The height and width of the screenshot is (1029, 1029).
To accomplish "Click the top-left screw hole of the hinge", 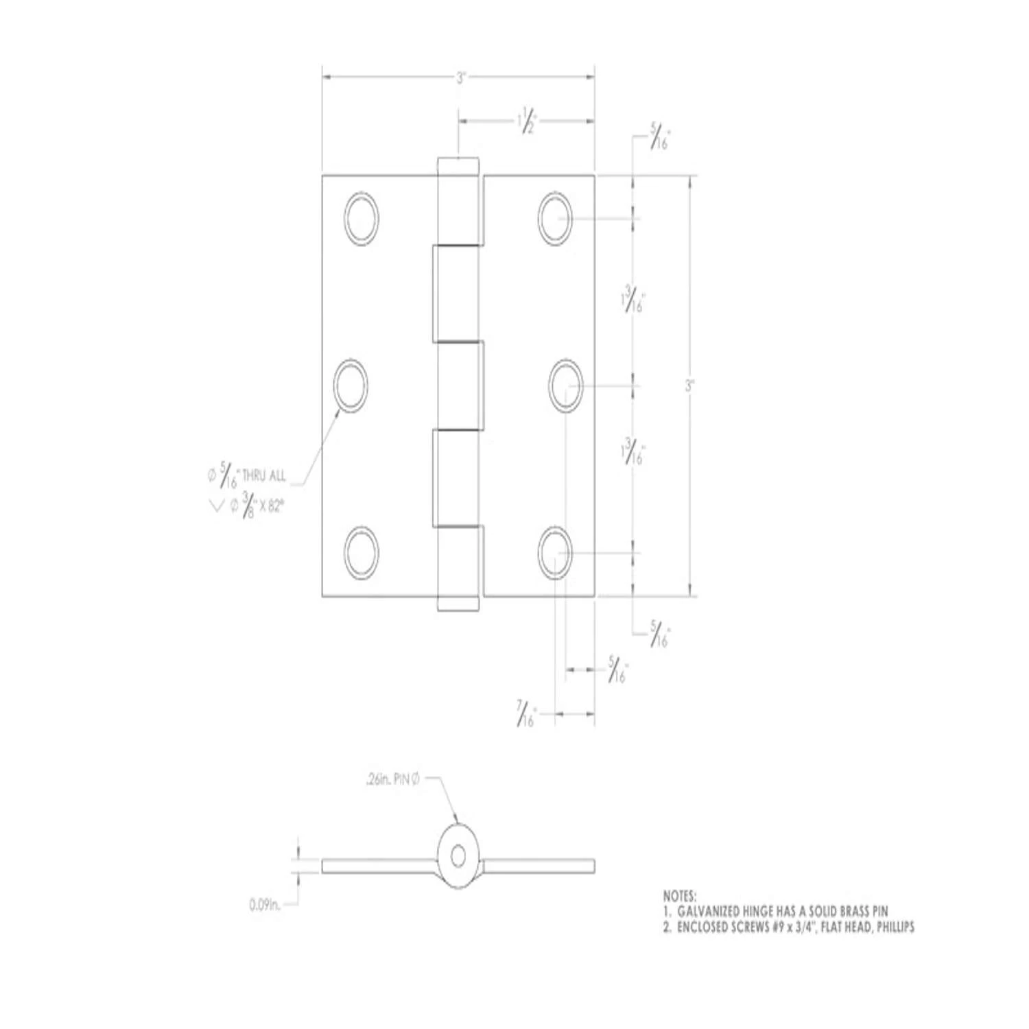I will tap(362, 219).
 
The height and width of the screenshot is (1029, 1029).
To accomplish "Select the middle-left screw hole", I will tap(351, 386).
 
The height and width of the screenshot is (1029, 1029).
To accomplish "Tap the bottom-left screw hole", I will tap(362, 552).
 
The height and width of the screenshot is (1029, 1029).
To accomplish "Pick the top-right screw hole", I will tap(555, 219).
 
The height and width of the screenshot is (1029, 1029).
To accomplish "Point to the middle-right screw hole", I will tap(566, 386).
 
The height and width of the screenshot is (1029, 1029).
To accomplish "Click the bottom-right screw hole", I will tap(555, 552).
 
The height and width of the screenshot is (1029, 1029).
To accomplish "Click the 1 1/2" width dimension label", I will tap(525, 121).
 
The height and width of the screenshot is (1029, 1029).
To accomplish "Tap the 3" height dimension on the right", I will tap(689, 386).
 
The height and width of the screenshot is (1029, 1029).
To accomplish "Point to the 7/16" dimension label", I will tap(526, 715).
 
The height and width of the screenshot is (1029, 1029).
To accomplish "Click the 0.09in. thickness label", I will tap(265, 906).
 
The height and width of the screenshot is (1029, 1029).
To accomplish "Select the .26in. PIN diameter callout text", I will tap(392, 779).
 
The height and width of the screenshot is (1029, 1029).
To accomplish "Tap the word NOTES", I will tap(680, 896).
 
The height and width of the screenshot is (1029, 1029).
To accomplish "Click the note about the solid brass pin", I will tap(775, 912).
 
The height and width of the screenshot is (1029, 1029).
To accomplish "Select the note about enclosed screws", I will tap(788, 927).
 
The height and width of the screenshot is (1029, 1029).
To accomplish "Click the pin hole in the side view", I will tap(458, 855).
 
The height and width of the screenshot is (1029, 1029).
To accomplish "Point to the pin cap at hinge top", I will tap(458, 165).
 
